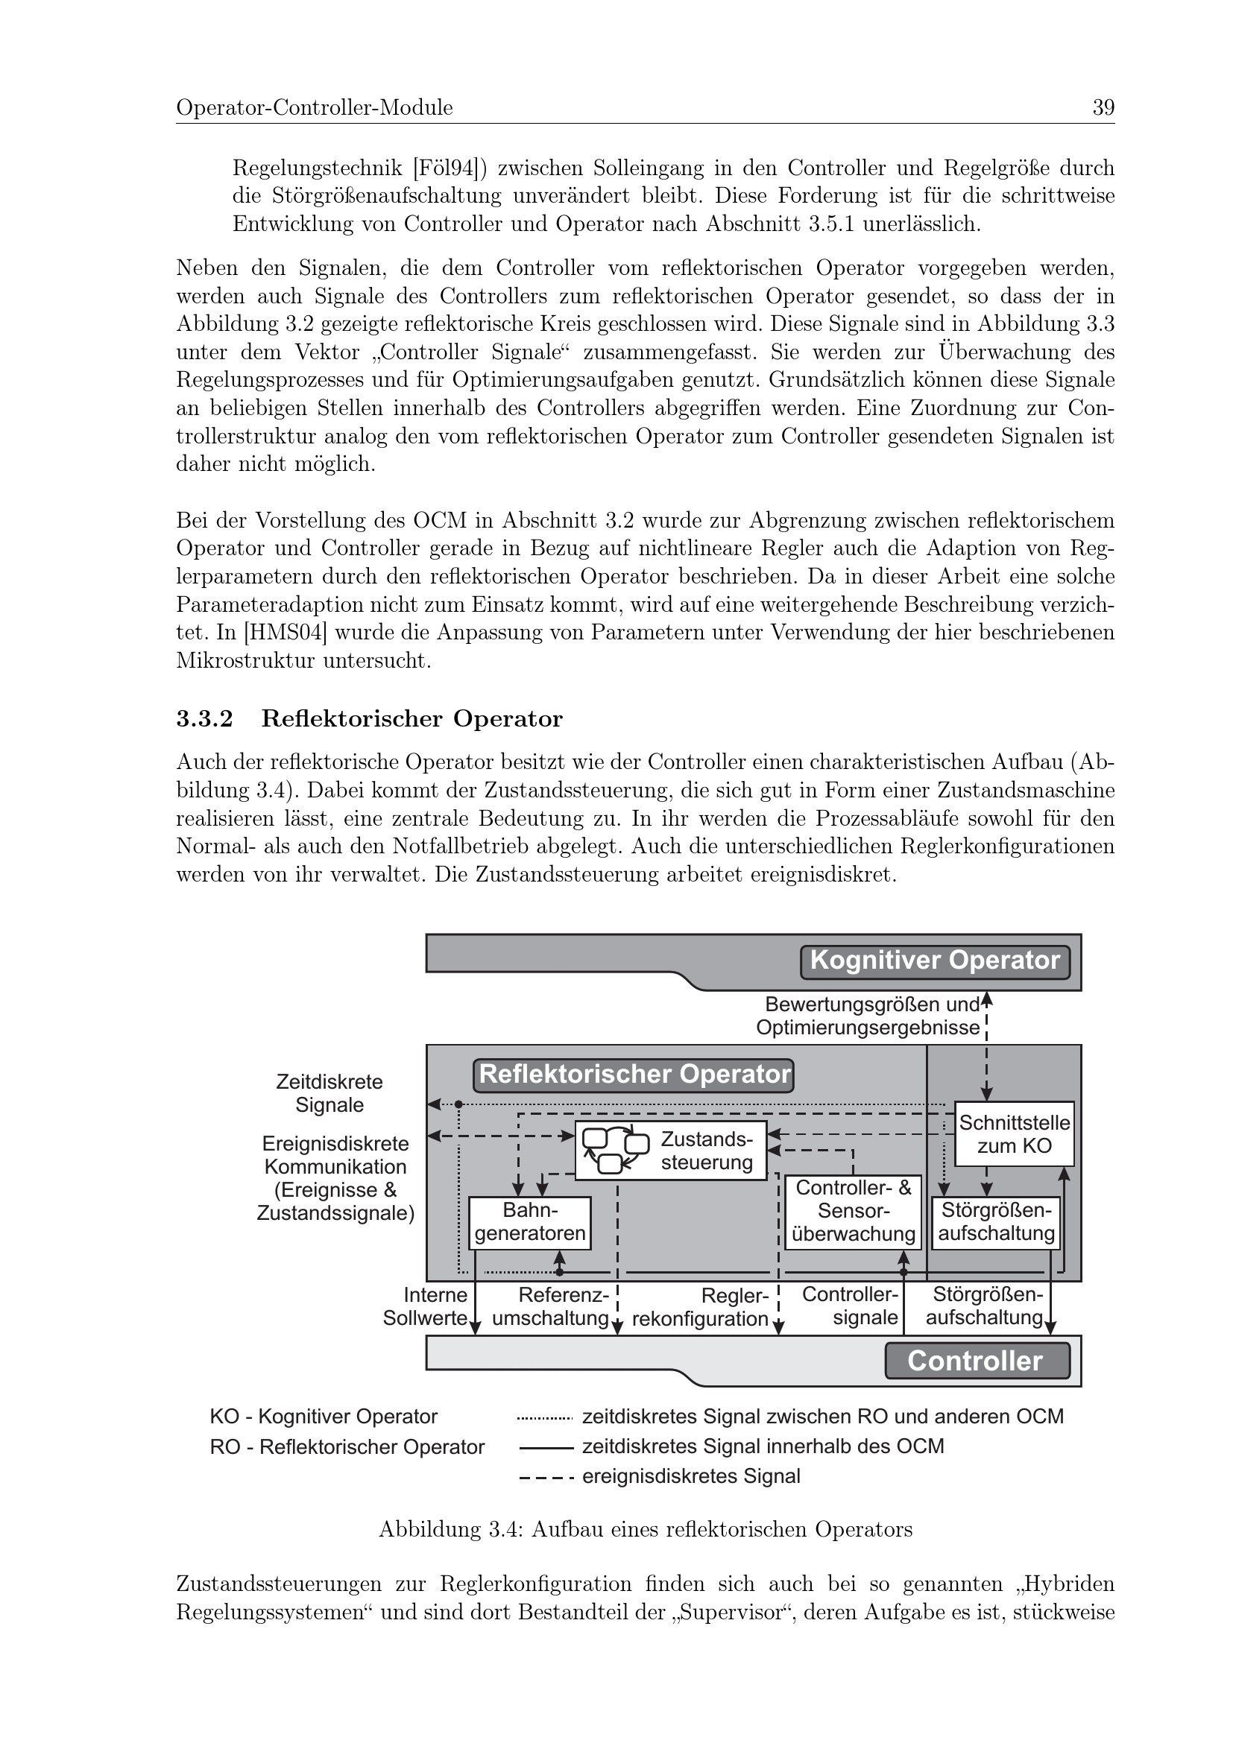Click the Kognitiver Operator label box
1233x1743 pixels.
(x=935, y=961)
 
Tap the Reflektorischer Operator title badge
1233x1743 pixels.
(x=634, y=1075)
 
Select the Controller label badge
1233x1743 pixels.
(x=977, y=1361)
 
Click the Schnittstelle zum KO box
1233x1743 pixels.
(x=1015, y=1134)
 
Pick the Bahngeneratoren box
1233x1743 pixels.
(x=530, y=1222)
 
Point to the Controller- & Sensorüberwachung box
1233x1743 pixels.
(x=853, y=1212)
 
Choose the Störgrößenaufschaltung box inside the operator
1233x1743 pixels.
(x=996, y=1222)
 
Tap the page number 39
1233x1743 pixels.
(x=1103, y=108)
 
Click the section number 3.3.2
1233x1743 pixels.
(x=204, y=719)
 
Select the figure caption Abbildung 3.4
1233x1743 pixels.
(x=646, y=1529)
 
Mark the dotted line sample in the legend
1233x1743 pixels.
(x=544, y=1417)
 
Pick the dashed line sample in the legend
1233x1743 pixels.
(x=544, y=1478)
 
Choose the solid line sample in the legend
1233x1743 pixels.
(x=544, y=1448)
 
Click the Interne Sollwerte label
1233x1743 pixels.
(x=425, y=1307)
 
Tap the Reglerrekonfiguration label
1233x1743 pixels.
(x=700, y=1307)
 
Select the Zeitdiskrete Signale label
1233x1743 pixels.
(x=329, y=1093)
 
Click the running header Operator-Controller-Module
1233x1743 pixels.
(x=315, y=108)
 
